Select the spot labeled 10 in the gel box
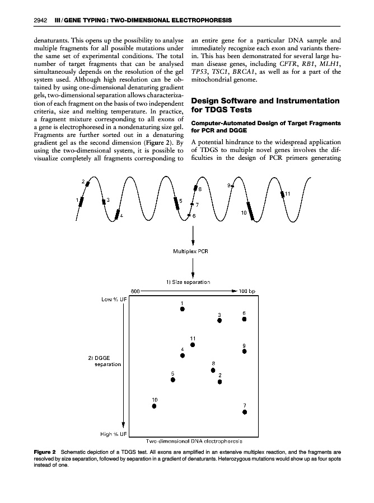tap(155, 406)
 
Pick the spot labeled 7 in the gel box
tap(245, 412)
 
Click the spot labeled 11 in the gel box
tap(193, 345)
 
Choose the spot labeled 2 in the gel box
tap(220, 382)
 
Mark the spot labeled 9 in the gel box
tap(245, 352)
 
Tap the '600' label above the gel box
tap(134, 291)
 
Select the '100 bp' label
tap(247, 291)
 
